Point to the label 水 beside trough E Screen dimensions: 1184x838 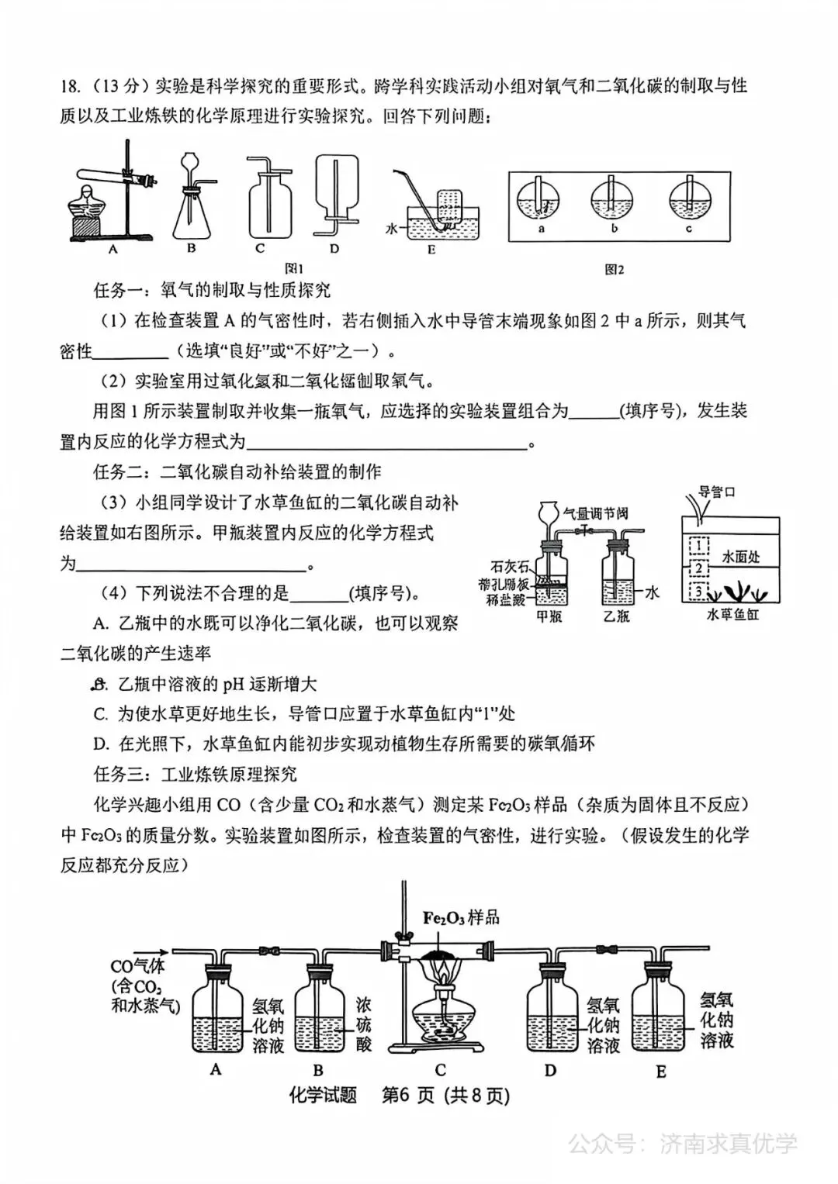pos(392,230)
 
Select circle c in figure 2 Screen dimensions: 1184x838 pos(689,201)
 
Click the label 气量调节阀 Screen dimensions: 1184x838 pos(596,513)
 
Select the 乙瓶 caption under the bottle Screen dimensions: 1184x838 pos(617,616)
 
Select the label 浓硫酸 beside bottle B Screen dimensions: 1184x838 pos(363,1023)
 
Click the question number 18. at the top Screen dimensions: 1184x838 pos(71,86)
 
